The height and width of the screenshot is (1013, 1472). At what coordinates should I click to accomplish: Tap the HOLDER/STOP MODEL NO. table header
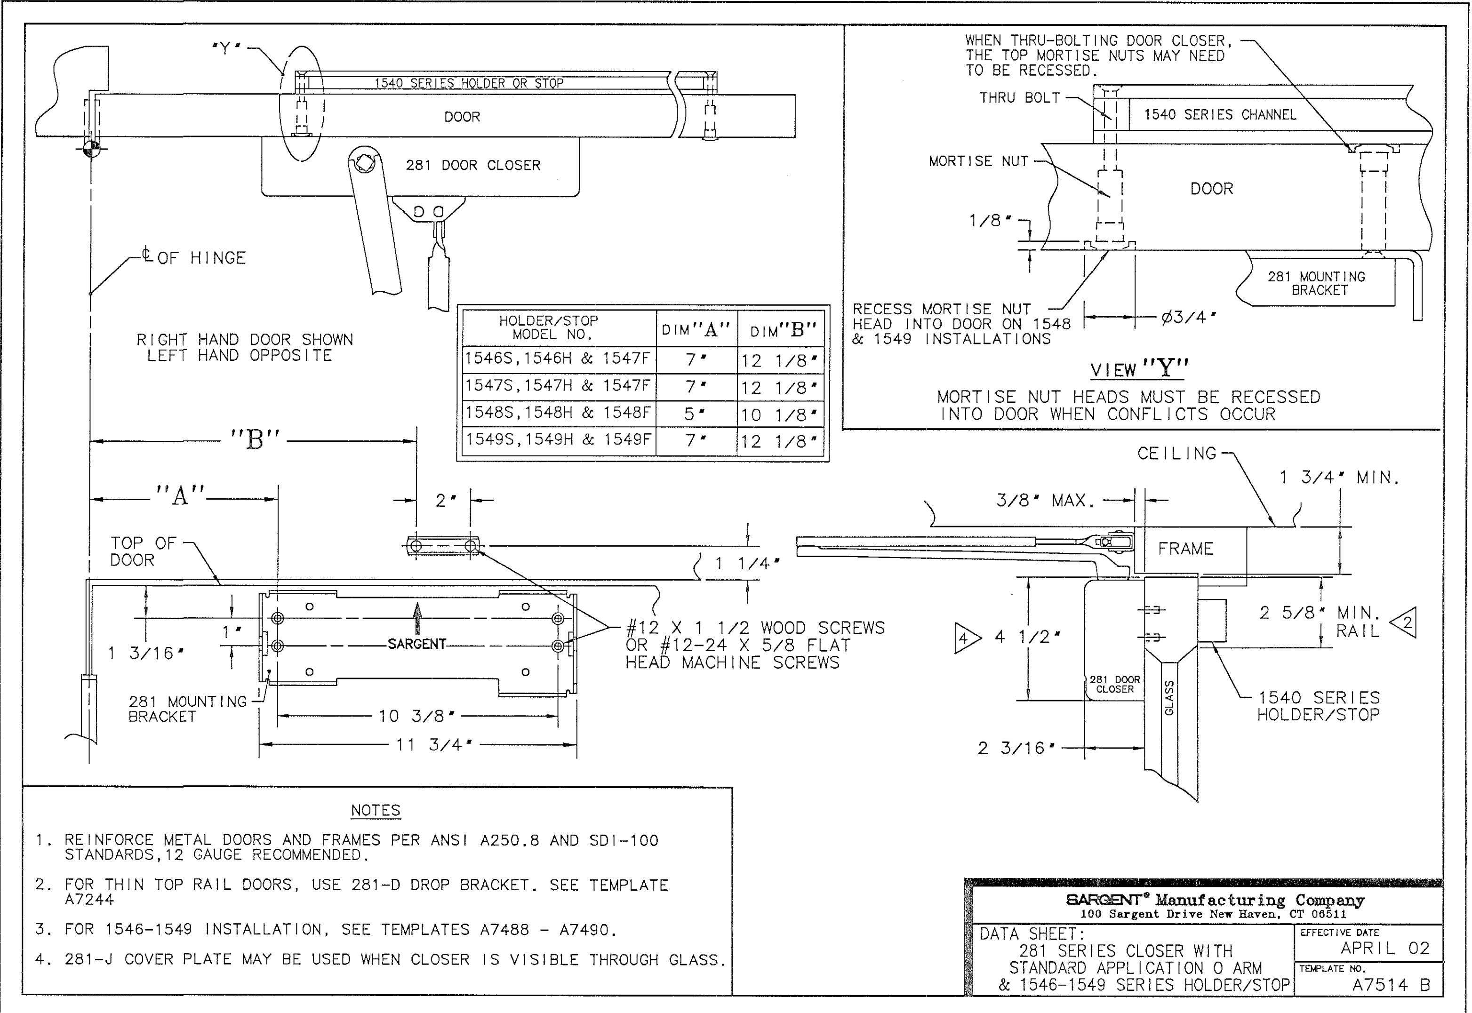pyautogui.click(x=548, y=327)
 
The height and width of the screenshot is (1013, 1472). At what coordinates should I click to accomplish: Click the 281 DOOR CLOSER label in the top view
pyautogui.click(x=473, y=165)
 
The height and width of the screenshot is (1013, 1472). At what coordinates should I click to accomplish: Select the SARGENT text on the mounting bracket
pyautogui.click(x=417, y=644)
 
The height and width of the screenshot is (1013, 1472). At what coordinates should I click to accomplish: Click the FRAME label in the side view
pyautogui.click(x=1186, y=549)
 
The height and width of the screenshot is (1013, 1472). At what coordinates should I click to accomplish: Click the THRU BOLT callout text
pyautogui.click(x=1019, y=98)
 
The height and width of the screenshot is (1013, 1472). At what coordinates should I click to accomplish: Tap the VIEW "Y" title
pyautogui.click(x=1140, y=369)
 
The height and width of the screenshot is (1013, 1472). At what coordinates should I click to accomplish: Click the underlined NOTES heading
pyautogui.click(x=376, y=811)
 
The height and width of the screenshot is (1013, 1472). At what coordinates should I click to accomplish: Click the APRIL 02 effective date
pyautogui.click(x=1384, y=948)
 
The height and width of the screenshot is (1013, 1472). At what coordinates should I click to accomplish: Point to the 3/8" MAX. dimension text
pyautogui.click(x=1046, y=501)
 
